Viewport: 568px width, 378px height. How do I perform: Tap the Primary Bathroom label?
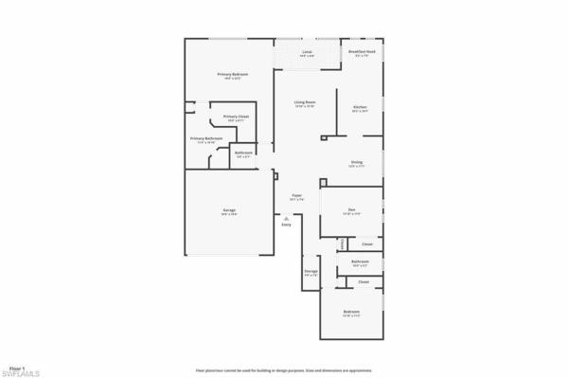click(x=206, y=138)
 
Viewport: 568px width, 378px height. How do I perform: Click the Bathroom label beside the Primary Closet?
click(x=243, y=153)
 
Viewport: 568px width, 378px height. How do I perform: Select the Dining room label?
click(x=357, y=162)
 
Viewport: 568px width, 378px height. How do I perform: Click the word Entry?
click(x=286, y=225)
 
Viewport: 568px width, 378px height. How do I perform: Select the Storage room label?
click(x=311, y=271)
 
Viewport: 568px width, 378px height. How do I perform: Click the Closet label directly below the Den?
click(x=367, y=244)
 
